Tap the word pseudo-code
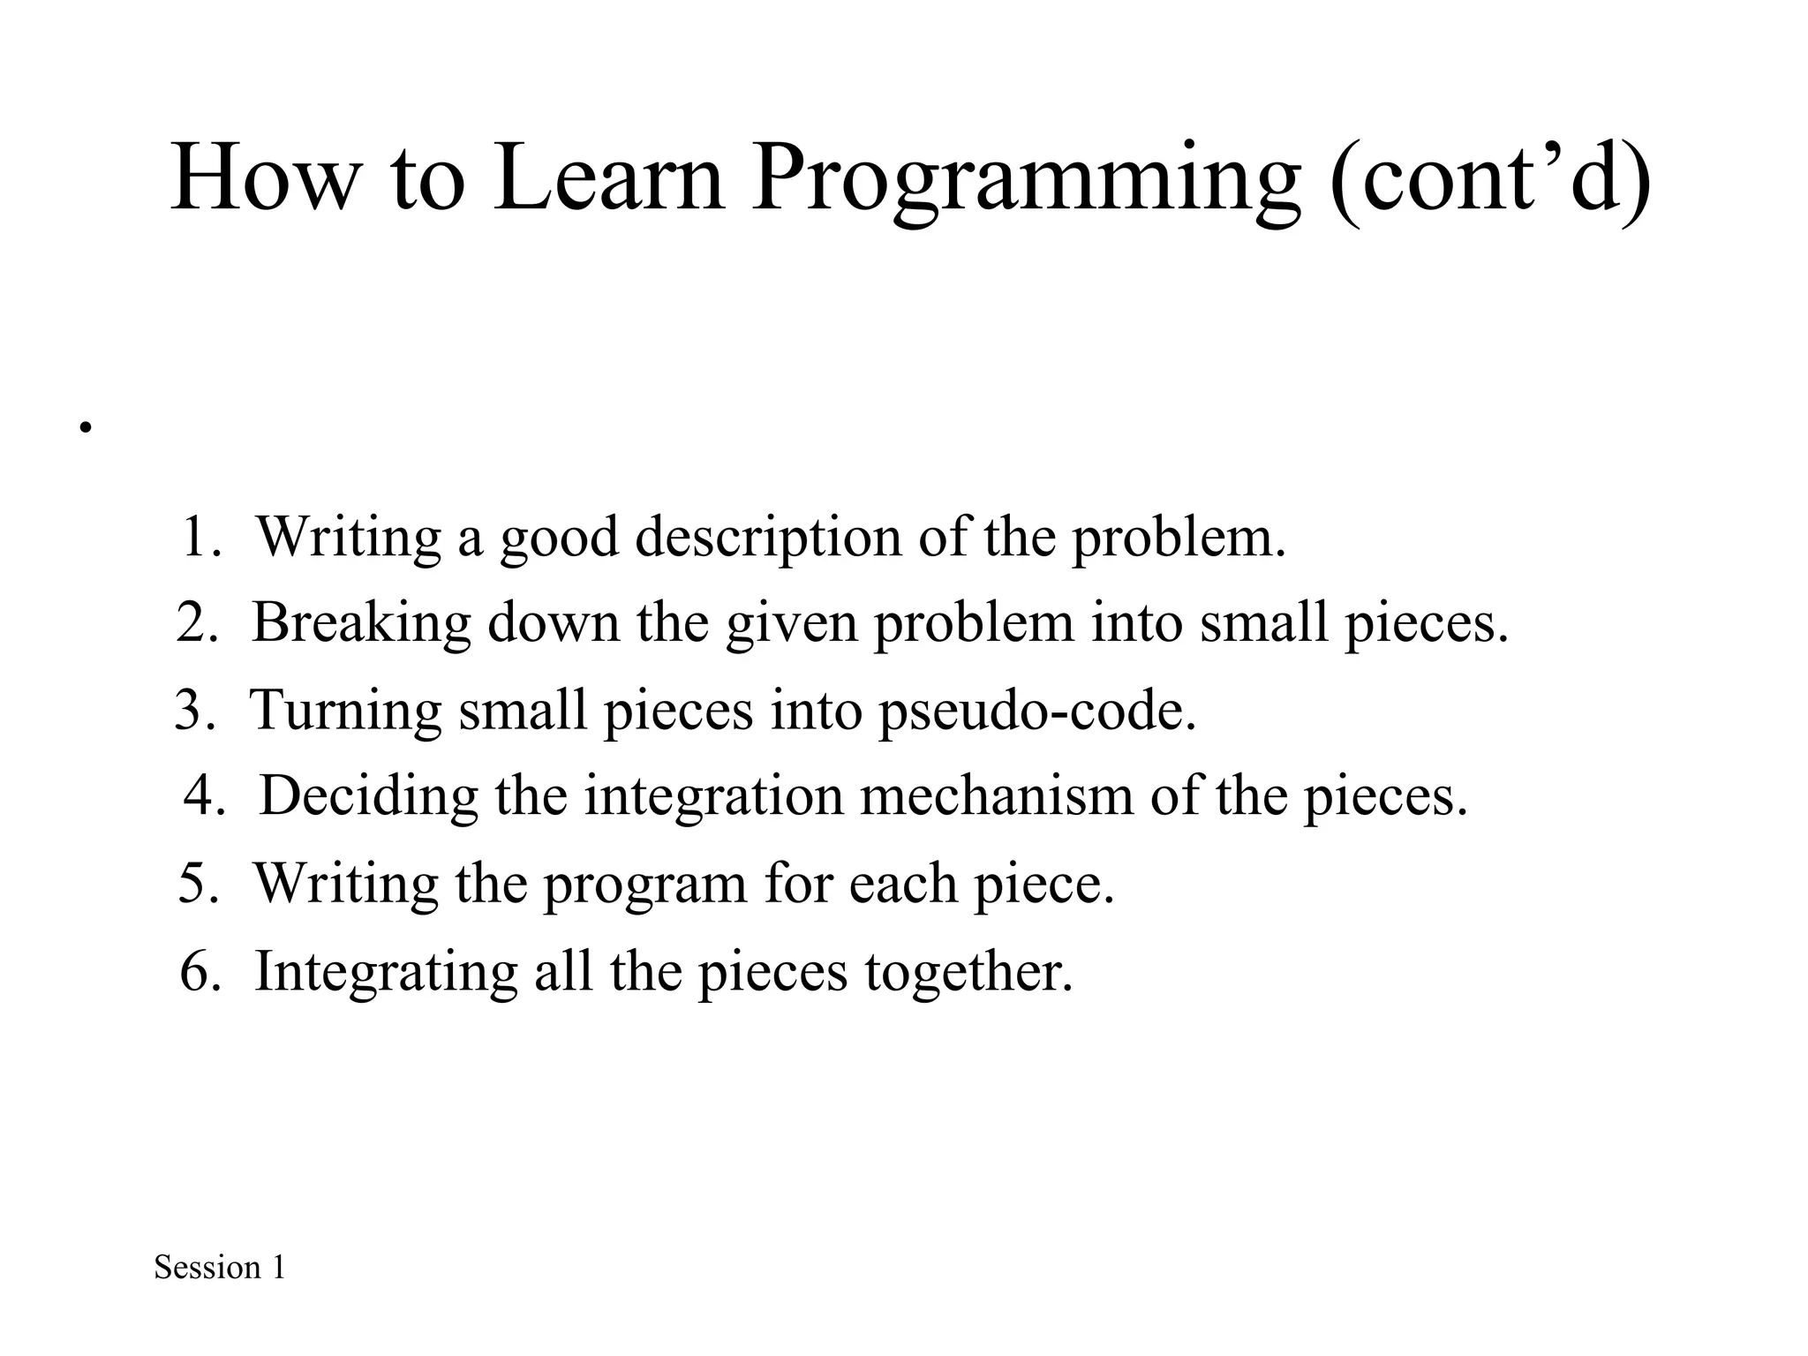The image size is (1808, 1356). tap(1036, 710)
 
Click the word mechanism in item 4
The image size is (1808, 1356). tap(996, 795)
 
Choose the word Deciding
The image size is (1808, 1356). tap(368, 795)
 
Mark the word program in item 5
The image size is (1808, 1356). tap(644, 884)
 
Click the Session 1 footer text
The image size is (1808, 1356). tap(220, 1268)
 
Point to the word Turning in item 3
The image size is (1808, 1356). tap(345, 710)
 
